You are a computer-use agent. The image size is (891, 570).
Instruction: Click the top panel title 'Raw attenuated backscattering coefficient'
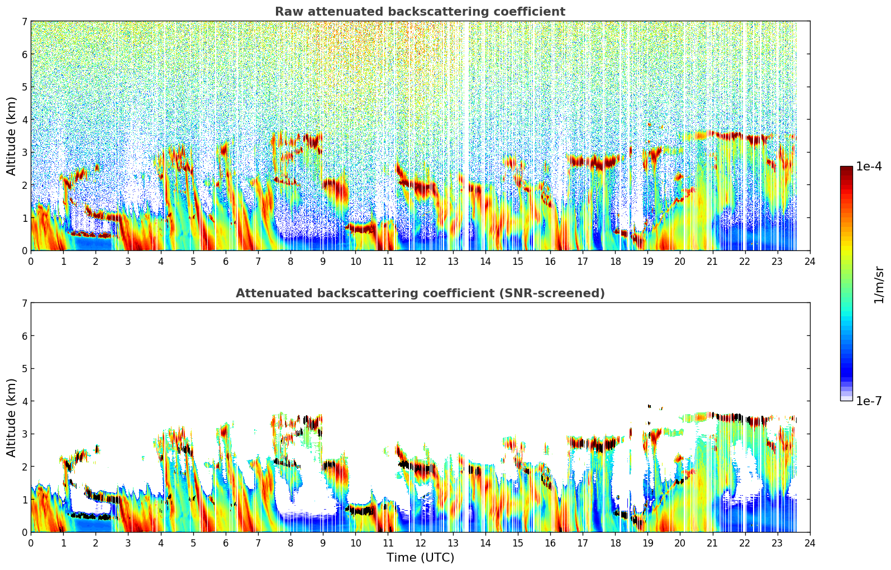click(x=420, y=12)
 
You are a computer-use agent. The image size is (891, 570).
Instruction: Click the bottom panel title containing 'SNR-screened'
click(x=420, y=293)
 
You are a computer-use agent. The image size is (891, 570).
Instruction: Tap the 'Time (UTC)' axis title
click(x=420, y=557)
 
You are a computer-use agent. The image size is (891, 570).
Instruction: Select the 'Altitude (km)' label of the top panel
click(x=12, y=136)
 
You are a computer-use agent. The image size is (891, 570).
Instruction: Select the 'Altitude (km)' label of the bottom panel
click(x=12, y=417)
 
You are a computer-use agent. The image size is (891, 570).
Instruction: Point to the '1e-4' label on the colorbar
click(x=869, y=167)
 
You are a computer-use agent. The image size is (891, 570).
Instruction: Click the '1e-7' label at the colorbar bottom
click(x=869, y=401)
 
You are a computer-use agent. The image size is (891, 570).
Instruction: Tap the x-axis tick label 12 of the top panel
click(x=420, y=261)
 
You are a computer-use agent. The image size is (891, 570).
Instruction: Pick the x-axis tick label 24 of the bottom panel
click(x=809, y=543)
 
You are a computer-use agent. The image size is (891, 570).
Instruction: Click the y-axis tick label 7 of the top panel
click(x=25, y=21)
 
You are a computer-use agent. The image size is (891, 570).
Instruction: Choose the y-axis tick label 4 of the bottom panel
click(x=25, y=401)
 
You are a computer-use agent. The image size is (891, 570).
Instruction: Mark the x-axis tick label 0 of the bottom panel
click(x=31, y=543)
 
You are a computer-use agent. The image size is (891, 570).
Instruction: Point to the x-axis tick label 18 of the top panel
click(x=615, y=261)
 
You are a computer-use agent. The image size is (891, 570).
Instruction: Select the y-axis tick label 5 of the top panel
click(x=25, y=87)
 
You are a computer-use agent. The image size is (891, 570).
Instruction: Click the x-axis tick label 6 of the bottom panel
click(x=226, y=543)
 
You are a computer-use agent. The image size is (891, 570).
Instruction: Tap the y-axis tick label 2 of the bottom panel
click(x=25, y=467)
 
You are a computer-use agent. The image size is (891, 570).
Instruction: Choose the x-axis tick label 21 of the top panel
click(x=712, y=261)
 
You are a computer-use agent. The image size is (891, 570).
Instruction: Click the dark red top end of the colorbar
click(x=846, y=169)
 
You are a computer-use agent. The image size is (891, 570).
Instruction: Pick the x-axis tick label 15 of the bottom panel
click(x=518, y=543)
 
